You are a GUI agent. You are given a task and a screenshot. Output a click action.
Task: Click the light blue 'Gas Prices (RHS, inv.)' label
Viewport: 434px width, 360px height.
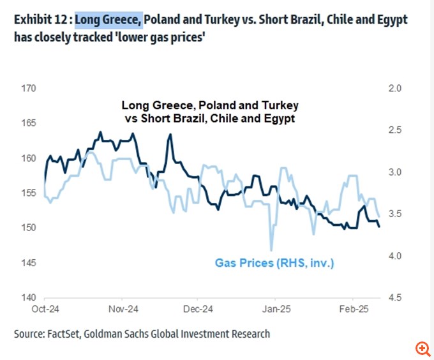coord(274,262)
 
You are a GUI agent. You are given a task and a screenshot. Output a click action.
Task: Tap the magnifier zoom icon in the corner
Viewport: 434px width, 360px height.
coord(422,349)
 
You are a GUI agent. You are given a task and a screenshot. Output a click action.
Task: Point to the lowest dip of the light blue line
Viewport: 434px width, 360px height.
coord(271,250)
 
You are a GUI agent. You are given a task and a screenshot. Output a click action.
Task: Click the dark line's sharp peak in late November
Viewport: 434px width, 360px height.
coord(170,135)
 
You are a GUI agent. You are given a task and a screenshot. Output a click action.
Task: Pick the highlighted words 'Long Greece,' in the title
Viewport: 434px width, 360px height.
coord(108,20)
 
